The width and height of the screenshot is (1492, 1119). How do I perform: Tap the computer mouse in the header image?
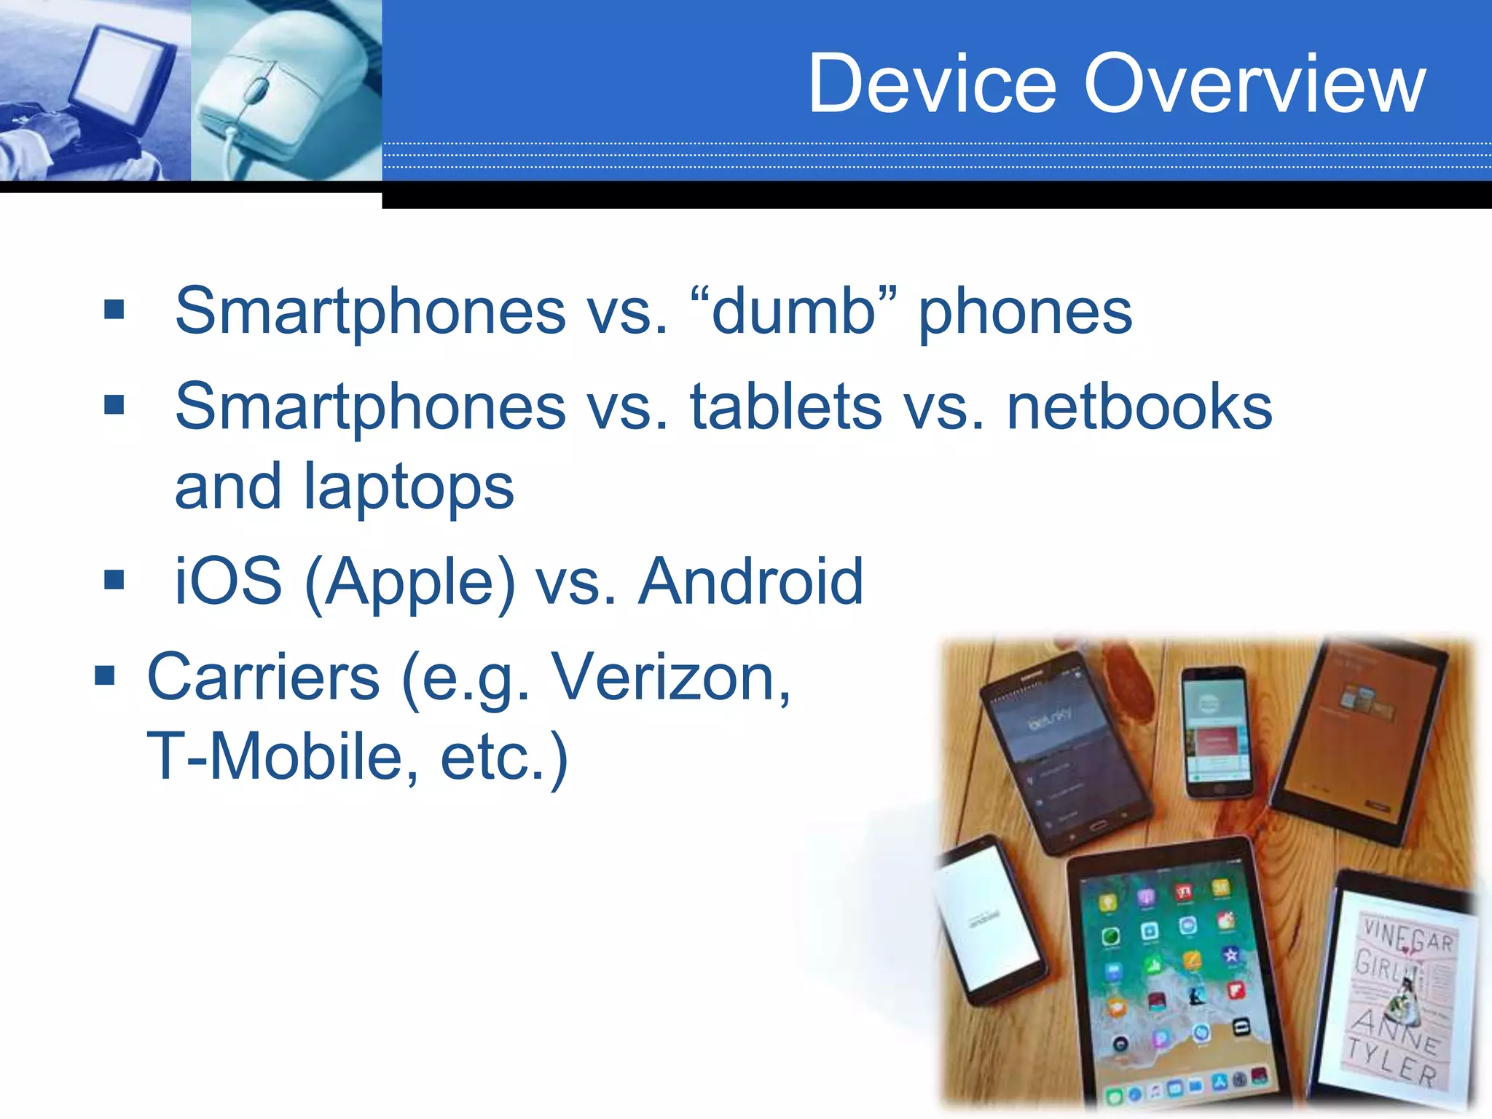(284, 91)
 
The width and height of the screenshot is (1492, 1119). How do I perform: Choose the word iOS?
(228, 581)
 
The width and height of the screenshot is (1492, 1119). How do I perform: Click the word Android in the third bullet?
(750, 581)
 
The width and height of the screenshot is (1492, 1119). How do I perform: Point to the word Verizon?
(670, 678)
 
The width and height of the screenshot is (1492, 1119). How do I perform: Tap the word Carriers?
(263, 678)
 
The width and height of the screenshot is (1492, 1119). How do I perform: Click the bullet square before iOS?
(114, 580)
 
